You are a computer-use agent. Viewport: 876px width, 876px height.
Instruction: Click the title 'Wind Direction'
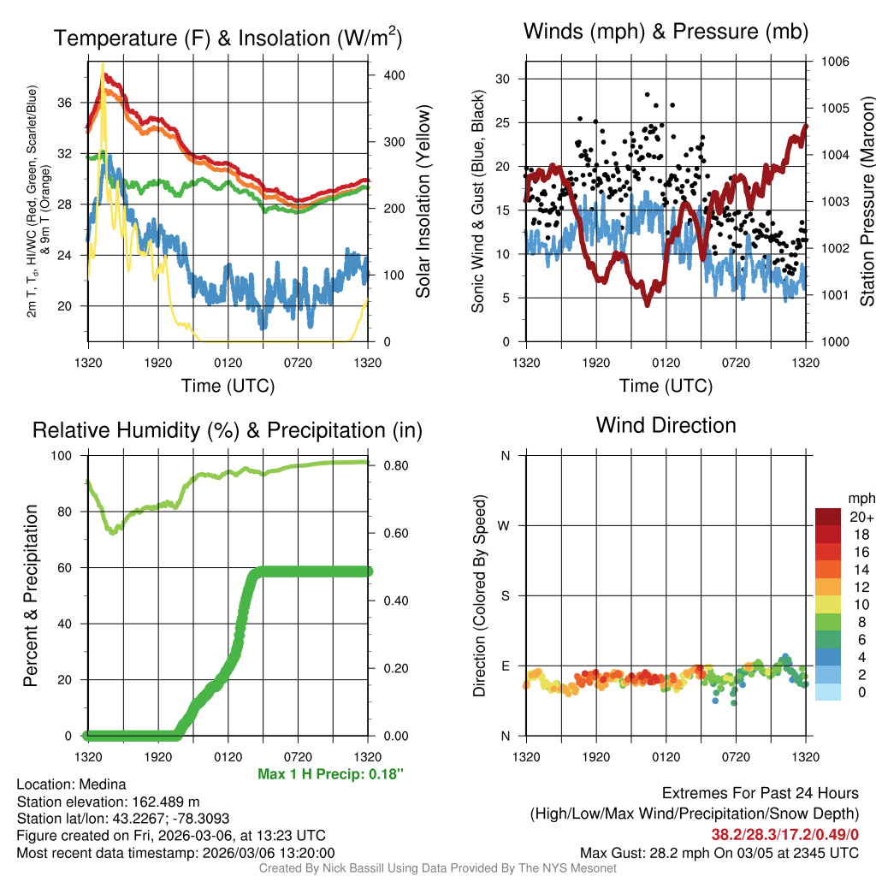666,425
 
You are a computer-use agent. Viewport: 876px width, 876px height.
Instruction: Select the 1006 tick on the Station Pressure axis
834,62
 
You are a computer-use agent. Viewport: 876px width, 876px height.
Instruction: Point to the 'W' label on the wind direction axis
506,525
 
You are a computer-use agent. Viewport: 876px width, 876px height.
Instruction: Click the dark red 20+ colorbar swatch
830,517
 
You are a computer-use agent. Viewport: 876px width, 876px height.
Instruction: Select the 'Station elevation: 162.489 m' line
108,802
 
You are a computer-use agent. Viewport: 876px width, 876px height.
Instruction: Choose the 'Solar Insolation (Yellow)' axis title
423,201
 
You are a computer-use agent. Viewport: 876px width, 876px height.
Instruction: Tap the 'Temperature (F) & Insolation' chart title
228,38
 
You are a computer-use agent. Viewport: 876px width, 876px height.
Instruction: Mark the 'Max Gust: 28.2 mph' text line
719,852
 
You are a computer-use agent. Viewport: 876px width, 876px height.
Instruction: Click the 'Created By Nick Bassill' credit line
437,868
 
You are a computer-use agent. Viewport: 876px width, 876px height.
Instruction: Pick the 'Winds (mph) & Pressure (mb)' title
666,33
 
